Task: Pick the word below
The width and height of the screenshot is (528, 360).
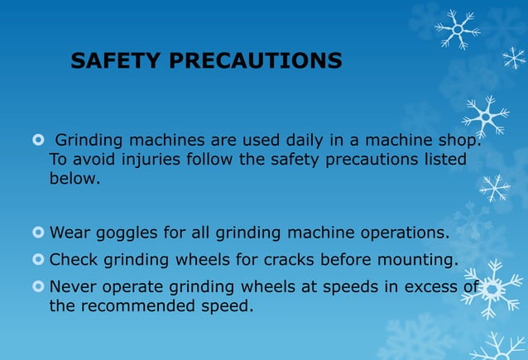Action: pos(74,178)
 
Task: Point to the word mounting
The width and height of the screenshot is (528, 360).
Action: pos(418,260)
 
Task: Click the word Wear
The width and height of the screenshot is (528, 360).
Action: pos(69,232)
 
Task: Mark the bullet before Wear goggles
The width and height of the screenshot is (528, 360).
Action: pos(37,232)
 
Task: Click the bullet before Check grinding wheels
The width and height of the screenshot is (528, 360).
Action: pos(37,260)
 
